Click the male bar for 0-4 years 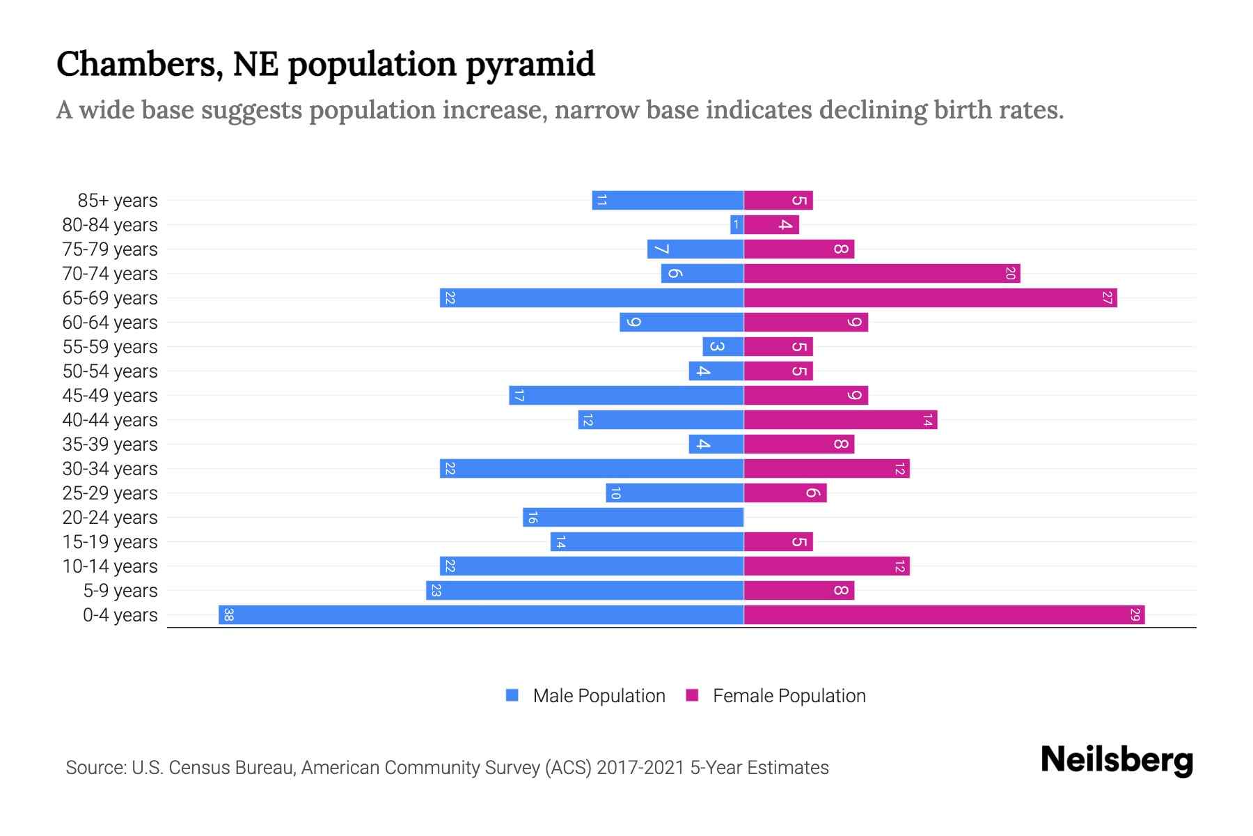coord(480,615)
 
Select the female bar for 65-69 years coord(930,298)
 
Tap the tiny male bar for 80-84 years coord(736,225)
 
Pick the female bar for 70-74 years coord(881,274)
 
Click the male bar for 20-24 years coord(633,518)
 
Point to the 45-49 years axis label coord(110,396)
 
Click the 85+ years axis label coord(118,201)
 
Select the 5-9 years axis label coord(120,591)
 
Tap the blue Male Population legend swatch coord(512,695)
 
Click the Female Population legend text coord(789,696)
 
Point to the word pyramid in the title coord(530,64)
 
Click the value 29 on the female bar coord(1135,615)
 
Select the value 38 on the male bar coord(228,615)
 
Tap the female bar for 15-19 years coord(778,542)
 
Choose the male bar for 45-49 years coord(626,396)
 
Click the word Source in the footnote coord(95,768)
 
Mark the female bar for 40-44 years coord(840,420)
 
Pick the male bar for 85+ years coord(668,201)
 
